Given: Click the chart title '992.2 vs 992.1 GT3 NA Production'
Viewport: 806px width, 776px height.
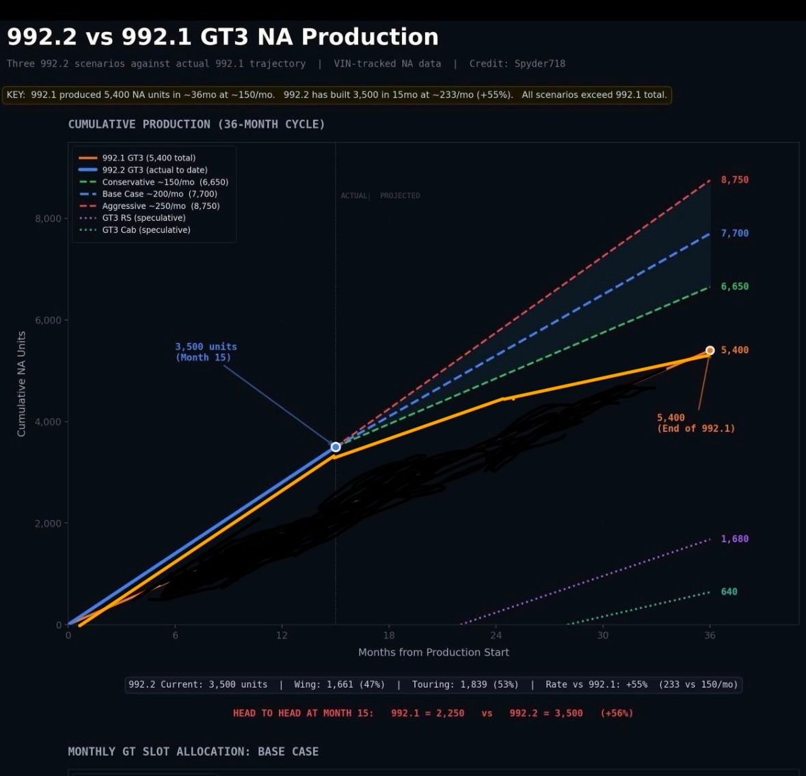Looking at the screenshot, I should coord(223,37).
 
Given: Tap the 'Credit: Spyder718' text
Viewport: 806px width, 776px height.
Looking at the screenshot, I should coord(517,64).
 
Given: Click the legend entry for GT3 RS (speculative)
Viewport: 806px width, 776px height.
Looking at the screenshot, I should coord(144,218).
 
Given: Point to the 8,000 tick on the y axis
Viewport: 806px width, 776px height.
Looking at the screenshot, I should coord(48,219).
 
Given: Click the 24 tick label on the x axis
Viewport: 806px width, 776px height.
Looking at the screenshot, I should coord(496,635).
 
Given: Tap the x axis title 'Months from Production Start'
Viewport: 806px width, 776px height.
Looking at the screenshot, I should coord(433,652).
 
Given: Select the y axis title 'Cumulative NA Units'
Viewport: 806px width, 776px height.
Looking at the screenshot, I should coord(21,384).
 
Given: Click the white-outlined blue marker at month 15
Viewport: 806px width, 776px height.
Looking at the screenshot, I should coord(336,447).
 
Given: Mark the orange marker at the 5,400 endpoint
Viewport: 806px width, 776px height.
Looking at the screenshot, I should coord(710,350).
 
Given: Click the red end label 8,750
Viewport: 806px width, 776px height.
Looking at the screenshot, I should coord(734,180).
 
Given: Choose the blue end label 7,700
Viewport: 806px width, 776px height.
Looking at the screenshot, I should coord(734,233).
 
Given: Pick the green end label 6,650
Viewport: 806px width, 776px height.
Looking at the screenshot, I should coord(734,286).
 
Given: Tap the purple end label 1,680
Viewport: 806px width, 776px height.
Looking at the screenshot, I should coord(734,539).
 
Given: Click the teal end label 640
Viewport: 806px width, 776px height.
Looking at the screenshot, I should coord(729,592).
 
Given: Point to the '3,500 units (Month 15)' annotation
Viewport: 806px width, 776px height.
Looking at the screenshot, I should coord(205,352).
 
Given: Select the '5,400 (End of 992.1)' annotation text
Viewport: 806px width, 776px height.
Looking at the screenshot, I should coord(695,423).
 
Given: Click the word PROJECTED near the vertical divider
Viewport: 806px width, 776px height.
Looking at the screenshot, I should coord(400,196).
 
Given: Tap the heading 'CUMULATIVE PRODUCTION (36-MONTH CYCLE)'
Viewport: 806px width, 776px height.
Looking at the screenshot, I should coord(196,124).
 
